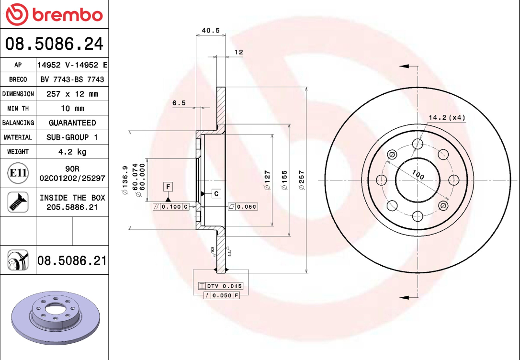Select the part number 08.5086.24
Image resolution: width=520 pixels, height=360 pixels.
[54, 44]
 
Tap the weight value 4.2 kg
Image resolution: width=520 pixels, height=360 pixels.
[72, 152]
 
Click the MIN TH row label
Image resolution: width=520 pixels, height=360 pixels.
[18, 109]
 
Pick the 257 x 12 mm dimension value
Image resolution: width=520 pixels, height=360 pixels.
[72, 94]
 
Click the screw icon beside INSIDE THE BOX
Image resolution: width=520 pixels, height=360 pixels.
[18, 202]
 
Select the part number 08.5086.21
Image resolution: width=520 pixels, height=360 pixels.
[72, 261]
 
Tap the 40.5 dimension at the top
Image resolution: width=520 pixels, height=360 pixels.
[210, 30]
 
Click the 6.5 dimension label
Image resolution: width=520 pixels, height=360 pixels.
[179, 103]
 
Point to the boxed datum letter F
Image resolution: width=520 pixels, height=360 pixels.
[168, 187]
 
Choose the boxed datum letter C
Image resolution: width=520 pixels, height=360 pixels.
[216, 193]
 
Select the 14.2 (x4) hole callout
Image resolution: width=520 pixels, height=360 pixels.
[446, 117]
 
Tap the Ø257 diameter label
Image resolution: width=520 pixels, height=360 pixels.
[302, 180]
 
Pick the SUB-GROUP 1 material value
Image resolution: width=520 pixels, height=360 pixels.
[72, 137]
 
